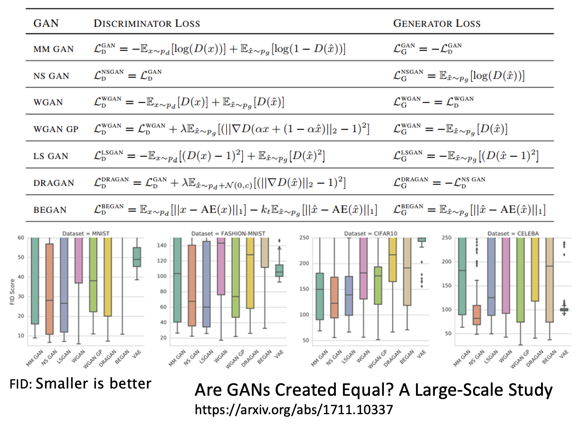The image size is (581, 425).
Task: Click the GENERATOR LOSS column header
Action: pyautogui.click(x=437, y=23)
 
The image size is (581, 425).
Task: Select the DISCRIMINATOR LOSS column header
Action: pyautogui.click(x=146, y=23)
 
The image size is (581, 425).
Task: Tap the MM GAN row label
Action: pyautogui.click(x=53, y=49)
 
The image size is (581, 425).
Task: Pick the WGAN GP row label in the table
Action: pyautogui.click(x=56, y=130)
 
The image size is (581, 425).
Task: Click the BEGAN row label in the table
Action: pyautogui.click(x=50, y=210)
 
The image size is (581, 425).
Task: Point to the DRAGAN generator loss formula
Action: pyautogui.click(x=439, y=182)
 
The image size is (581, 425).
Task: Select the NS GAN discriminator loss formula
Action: pyautogui.click(x=128, y=75)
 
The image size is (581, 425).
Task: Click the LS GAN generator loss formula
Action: pyautogui.click(x=465, y=156)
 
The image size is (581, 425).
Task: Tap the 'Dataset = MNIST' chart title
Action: pyautogui.click(x=86, y=233)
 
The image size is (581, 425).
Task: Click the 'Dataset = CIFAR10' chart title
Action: pyautogui.click(x=371, y=233)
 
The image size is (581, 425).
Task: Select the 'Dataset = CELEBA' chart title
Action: pyautogui.click(x=513, y=233)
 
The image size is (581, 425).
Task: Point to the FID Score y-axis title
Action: pyautogui.click(x=12, y=291)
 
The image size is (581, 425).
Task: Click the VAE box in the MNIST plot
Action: pyautogui.click(x=137, y=257)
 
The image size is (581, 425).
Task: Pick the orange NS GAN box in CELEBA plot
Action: pyautogui.click(x=477, y=315)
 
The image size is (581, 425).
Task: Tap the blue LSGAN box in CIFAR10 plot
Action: pyautogui.click(x=349, y=295)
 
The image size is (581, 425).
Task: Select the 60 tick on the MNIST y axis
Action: pyautogui.click(x=20, y=238)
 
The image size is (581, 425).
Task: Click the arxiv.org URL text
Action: pyautogui.click(x=294, y=409)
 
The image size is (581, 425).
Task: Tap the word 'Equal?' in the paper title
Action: pyautogui.click(x=370, y=390)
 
